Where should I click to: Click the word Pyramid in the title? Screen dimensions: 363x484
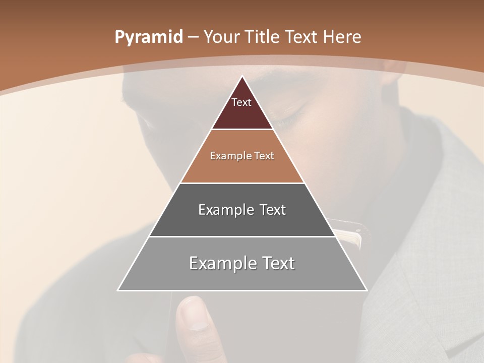click(x=149, y=37)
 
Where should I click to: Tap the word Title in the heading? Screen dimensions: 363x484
click(x=262, y=37)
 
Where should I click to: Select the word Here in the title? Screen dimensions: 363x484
click(x=342, y=37)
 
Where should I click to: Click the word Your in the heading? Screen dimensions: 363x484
click(x=222, y=37)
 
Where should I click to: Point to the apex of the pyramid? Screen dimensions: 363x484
click(x=242, y=77)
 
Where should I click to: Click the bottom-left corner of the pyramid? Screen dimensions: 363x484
click(x=118, y=290)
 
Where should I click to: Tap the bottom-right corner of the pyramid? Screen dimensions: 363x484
click(x=366, y=290)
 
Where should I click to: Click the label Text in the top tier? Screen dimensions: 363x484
click(x=241, y=102)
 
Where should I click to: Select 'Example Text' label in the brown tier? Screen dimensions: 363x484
click(x=242, y=156)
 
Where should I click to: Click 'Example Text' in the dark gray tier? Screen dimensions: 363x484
click(x=242, y=210)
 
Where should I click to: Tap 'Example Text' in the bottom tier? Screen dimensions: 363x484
click(x=242, y=263)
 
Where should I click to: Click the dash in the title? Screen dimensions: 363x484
click(x=193, y=37)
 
